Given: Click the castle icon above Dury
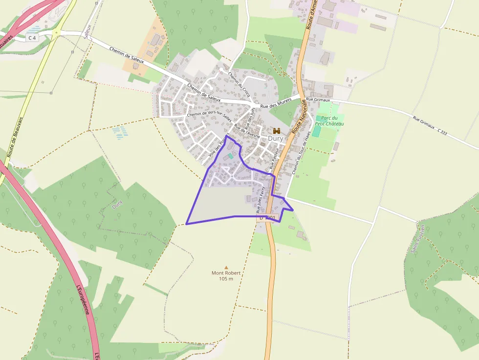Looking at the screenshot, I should tap(277, 131).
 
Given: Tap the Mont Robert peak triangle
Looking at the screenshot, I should tap(226, 267).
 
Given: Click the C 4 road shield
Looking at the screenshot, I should tap(32, 38).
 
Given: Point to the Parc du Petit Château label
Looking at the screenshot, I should tap(329, 121).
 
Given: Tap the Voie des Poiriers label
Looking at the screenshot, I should tap(218, 146).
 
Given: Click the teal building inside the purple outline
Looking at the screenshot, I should tap(230, 156).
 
